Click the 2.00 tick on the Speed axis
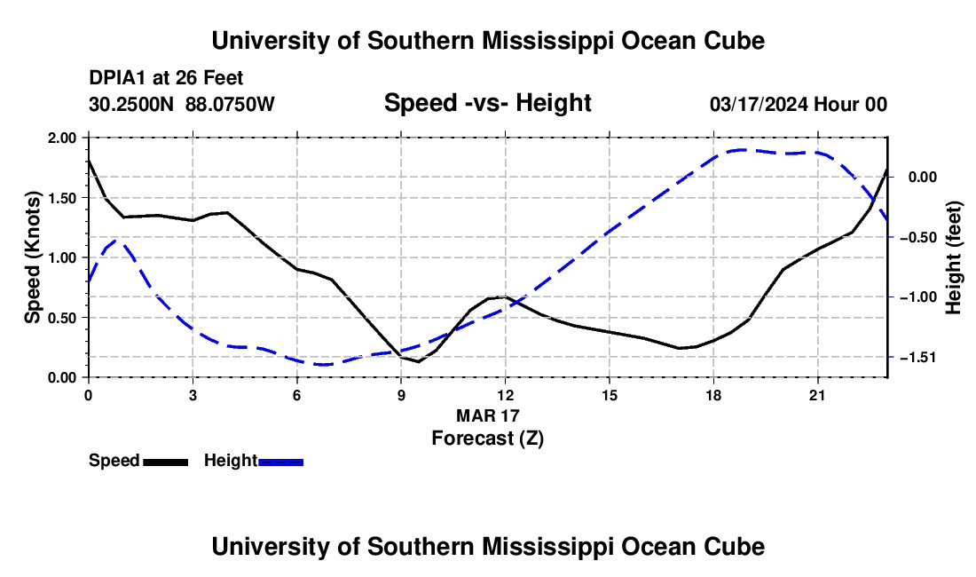pos(61,138)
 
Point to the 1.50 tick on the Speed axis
pos(61,198)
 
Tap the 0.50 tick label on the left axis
pos(61,318)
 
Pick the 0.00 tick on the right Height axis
pos(923,178)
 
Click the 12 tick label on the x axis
pos(506,395)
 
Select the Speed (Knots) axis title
pos(32,257)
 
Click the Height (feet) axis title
pos(953,257)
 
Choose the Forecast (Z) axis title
pos(487,439)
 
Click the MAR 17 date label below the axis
pos(487,415)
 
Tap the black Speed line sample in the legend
pos(166,462)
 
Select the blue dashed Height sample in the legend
pos(280,462)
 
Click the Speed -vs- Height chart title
pos(487,103)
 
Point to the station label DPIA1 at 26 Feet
pos(166,78)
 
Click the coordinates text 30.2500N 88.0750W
pos(181,104)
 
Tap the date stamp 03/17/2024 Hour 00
pos(798,105)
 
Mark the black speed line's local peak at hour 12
pos(505,296)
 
